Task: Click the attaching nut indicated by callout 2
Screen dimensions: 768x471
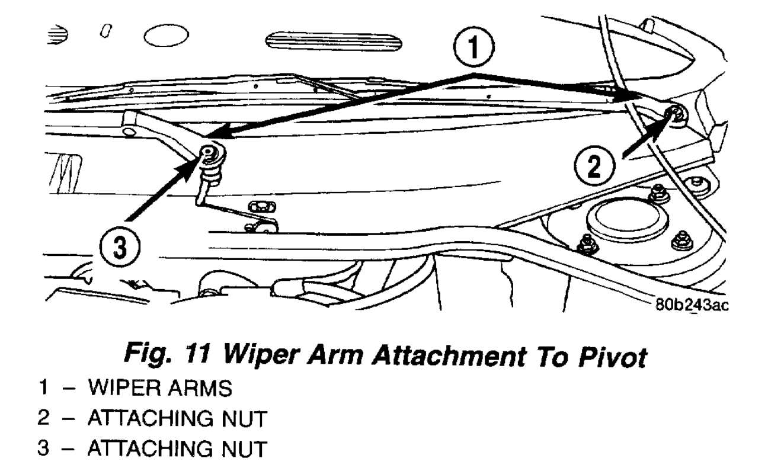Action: (674, 114)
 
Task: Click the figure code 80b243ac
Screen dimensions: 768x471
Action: (690, 306)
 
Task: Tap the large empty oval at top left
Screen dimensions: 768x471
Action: (166, 39)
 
